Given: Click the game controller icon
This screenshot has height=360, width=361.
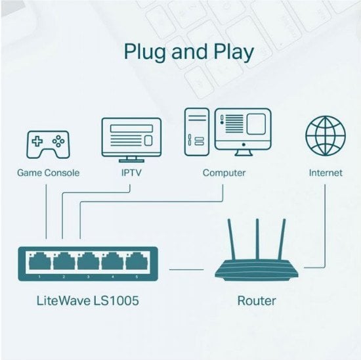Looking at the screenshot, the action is [49, 145].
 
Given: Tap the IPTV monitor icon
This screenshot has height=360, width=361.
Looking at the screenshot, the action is [131, 140].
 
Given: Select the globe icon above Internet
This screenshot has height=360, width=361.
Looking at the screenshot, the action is [326, 136].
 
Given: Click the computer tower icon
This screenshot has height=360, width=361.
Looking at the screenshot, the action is [197, 132].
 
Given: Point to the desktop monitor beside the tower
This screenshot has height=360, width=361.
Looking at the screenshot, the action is [243, 132].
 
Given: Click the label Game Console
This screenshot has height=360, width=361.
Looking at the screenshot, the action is [49, 173].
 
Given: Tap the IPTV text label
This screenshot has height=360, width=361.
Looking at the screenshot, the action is [131, 173].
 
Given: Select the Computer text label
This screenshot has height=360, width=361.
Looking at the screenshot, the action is [224, 173].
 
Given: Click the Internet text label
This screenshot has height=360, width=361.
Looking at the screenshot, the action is [326, 173].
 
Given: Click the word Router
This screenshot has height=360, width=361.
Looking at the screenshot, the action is [257, 301].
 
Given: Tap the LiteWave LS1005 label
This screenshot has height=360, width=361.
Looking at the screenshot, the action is [88, 301].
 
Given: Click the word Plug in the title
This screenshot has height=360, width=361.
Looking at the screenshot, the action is [144, 52].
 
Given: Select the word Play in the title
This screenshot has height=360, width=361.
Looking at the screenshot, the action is [234, 52].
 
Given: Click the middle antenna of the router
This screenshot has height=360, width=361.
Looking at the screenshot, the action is [257, 239].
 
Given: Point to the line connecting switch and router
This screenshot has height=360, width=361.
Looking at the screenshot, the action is [186, 269].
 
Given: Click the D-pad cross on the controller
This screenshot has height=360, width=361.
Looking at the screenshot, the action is [37, 141].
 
